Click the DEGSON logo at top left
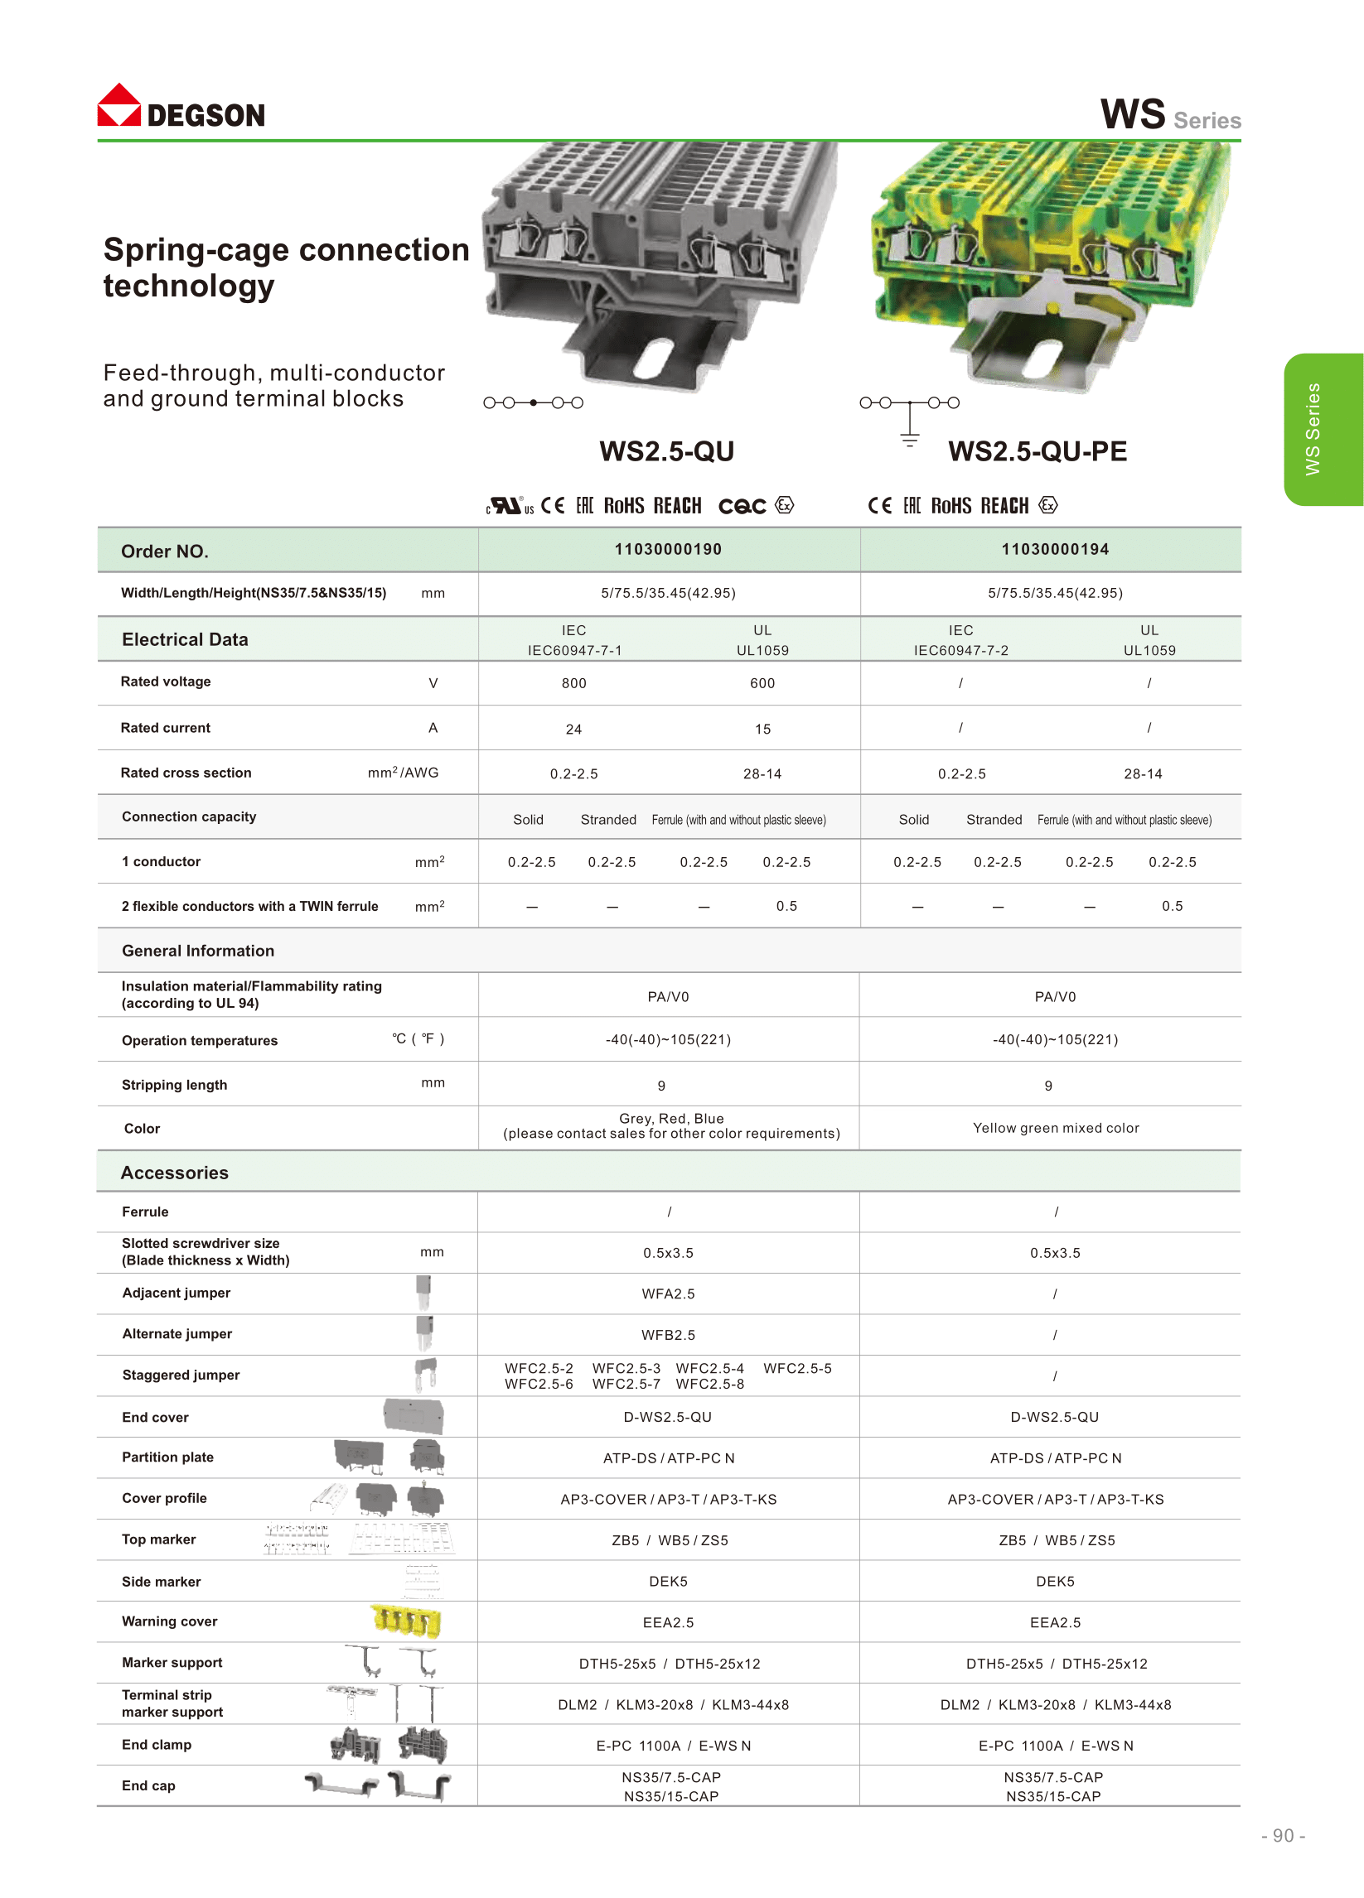pyautogui.click(x=181, y=106)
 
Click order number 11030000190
pyautogui.click(x=668, y=550)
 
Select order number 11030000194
pyautogui.click(x=1055, y=550)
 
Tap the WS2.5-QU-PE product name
pyautogui.click(x=1038, y=452)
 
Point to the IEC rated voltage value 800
pyautogui.click(x=574, y=684)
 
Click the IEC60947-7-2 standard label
pyautogui.click(x=961, y=651)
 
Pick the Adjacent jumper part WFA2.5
pyautogui.click(x=668, y=1294)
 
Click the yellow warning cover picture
pyautogui.click(x=406, y=1621)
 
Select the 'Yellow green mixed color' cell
pyautogui.click(x=1056, y=1128)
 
